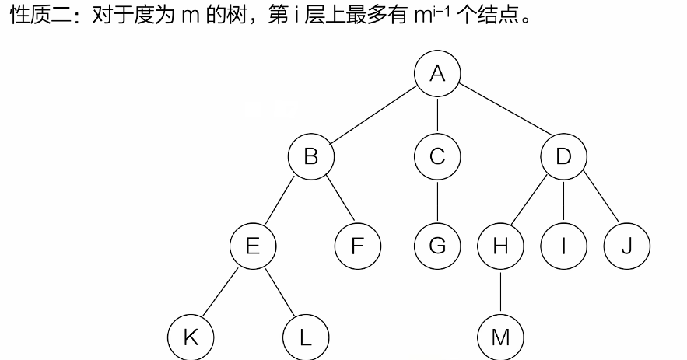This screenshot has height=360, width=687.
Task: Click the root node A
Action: [x=437, y=74]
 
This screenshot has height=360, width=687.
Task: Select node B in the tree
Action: [x=310, y=157]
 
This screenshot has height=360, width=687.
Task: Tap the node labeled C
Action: [x=437, y=157]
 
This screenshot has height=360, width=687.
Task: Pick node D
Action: [x=563, y=157]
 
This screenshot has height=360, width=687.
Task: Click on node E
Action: [x=253, y=246]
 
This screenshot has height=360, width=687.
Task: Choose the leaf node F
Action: [x=357, y=246]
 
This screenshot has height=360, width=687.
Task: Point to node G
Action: [x=437, y=246]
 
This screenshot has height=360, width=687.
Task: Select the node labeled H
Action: [x=500, y=246]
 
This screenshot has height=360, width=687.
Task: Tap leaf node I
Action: [x=563, y=246]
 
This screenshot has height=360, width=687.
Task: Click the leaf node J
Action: [x=626, y=246]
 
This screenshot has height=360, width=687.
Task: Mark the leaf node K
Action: [x=190, y=337]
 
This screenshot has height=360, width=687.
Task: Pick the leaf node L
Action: [x=305, y=337]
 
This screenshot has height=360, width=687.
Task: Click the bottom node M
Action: [x=500, y=337]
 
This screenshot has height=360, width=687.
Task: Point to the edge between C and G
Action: [x=437, y=202]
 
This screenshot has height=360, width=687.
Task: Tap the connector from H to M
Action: [x=500, y=292]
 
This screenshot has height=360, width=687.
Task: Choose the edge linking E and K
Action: [x=221, y=292]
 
